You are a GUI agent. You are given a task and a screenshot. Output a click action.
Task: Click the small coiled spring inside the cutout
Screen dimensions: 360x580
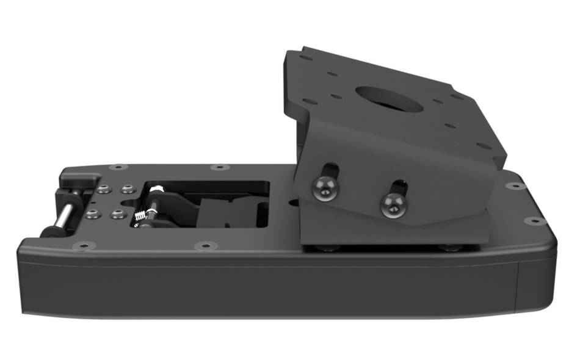(140, 215)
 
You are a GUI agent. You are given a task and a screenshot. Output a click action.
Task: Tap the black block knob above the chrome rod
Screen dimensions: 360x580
(80, 180)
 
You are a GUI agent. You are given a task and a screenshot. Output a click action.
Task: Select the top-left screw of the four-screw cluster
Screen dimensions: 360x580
(106, 189)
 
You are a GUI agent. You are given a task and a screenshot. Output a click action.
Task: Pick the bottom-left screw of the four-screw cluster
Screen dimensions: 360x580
(93, 214)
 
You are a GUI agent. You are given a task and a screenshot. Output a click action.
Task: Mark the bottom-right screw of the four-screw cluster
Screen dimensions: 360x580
(116, 215)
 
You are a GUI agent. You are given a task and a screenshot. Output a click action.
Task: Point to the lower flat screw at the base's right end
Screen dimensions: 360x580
(535, 220)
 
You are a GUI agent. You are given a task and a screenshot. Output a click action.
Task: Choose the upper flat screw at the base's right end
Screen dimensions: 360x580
(515, 185)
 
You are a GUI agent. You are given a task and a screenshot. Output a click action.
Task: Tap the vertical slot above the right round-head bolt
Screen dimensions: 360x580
(397, 185)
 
